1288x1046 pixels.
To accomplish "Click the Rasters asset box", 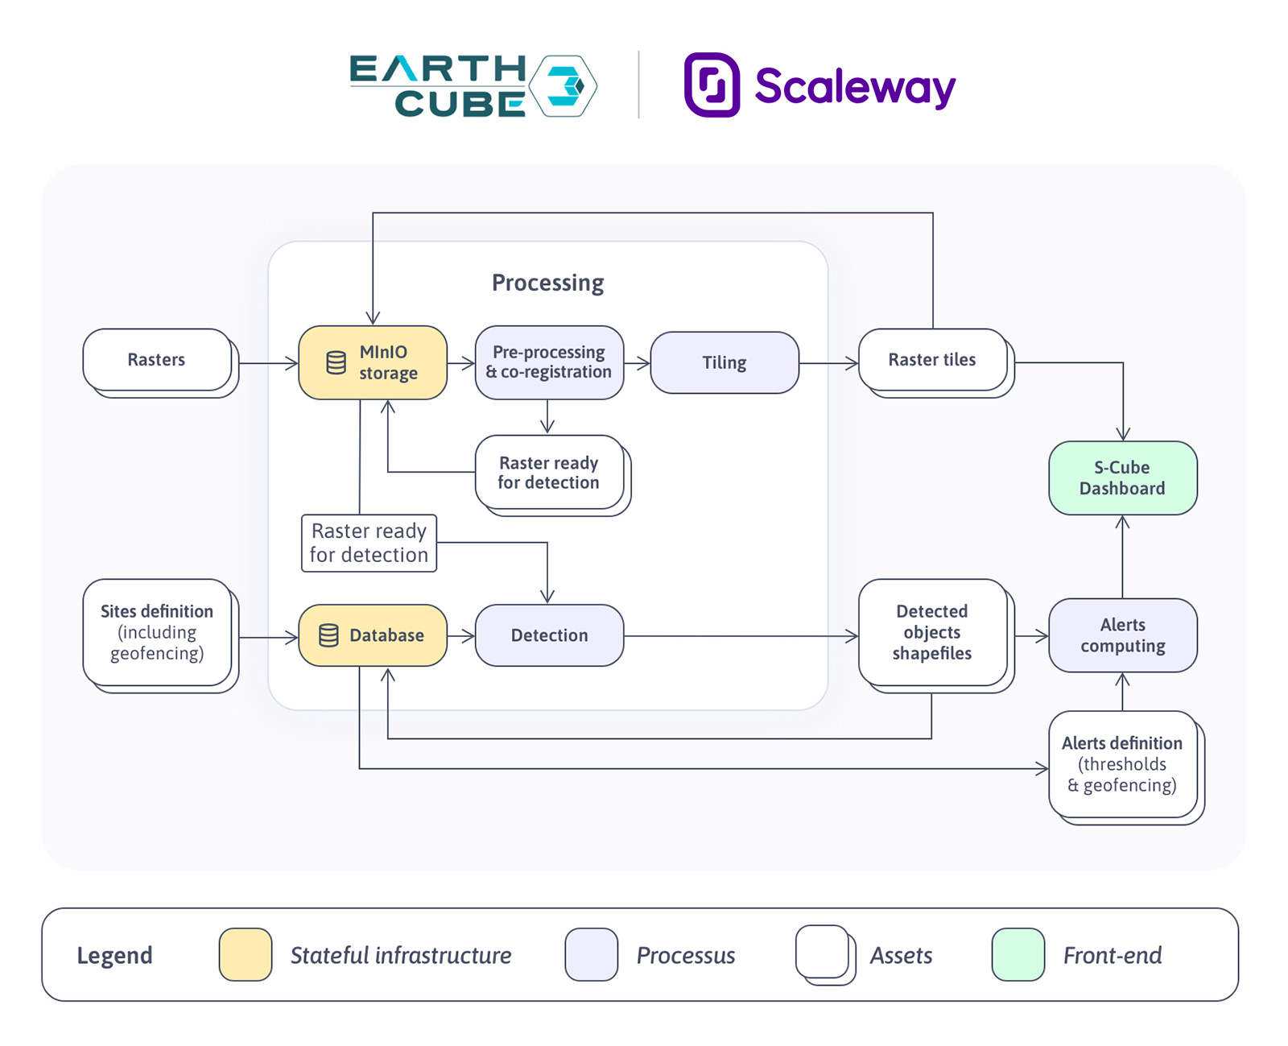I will pos(157,360).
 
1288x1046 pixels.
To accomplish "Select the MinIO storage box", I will pos(373,362).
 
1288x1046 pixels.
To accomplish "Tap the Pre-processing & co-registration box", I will pos(549,362).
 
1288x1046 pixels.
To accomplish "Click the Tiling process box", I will pos(724,362).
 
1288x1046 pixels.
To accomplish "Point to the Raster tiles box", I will pos(932,360).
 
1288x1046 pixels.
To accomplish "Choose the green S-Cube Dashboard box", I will pos(1122,478).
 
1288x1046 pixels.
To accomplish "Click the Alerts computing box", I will pos(1122,635).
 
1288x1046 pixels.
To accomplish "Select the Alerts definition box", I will pos(1122,764).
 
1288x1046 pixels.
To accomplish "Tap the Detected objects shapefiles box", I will pos(932,632).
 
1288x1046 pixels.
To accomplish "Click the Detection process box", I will pos(549,635).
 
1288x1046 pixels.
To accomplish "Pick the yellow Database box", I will pos(373,635).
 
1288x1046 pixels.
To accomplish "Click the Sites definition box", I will pos(157,632).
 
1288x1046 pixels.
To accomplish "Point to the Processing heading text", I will pos(547,283).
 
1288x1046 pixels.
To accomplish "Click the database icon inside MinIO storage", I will pos(336,362).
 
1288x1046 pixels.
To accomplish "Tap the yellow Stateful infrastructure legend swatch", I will pos(246,954).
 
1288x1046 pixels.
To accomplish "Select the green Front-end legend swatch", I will pos(1018,954).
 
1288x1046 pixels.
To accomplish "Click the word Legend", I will pos(114,956).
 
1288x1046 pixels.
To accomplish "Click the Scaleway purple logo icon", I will pos(712,85).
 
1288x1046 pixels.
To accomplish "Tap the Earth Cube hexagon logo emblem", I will pos(567,86).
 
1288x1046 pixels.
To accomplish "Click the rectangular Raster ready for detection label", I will pos(369,544).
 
